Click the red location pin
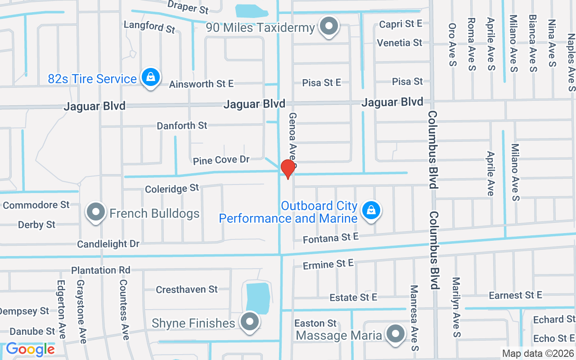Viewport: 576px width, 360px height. (x=288, y=169)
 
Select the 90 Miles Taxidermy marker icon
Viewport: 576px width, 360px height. (x=329, y=27)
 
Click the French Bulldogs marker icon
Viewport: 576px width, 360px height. (x=95, y=212)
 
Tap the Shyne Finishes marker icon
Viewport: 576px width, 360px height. (x=249, y=322)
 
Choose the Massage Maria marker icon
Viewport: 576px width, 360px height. (x=396, y=334)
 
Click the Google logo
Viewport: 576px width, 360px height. (x=31, y=349)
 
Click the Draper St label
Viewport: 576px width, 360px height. (x=188, y=7)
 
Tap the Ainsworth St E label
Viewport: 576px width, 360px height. (x=201, y=84)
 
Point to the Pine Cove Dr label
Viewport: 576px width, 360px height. (x=221, y=160)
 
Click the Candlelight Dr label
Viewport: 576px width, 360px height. (x=108, y=244)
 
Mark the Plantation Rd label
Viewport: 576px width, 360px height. (x=101, y=270)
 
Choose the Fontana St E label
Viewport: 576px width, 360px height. (x=331, y=238)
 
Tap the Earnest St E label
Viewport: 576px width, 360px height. (x=515, y=295)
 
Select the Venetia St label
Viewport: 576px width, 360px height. (x=400, y=43)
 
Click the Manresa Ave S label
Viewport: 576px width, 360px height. (x=414, y=318)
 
